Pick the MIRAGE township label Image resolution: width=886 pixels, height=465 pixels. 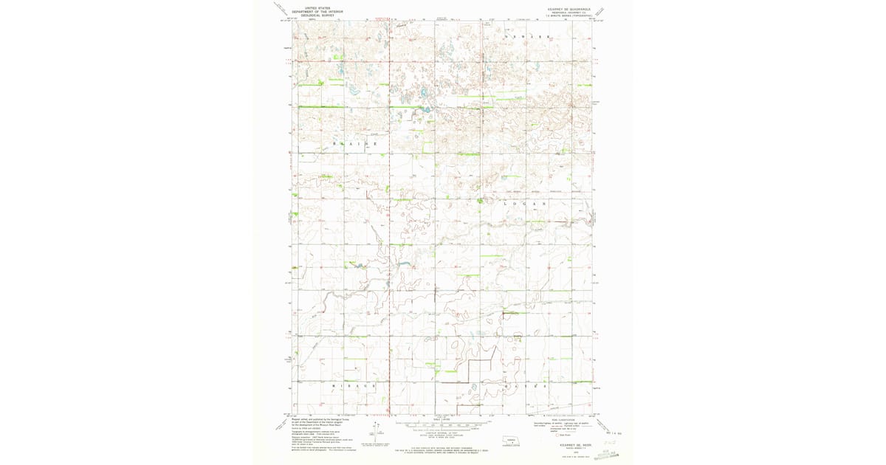coord(354,385)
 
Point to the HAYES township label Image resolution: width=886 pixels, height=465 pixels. coord(526,385)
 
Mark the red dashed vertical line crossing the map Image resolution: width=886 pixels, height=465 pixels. coord(389,221)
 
